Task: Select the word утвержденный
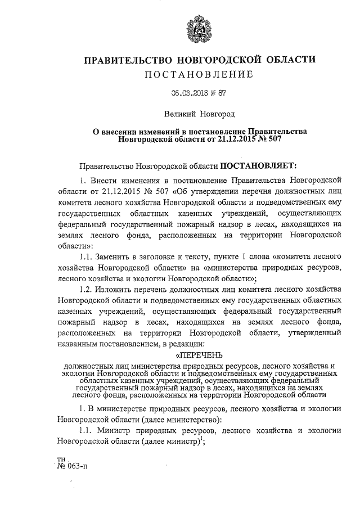coord(314,332)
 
